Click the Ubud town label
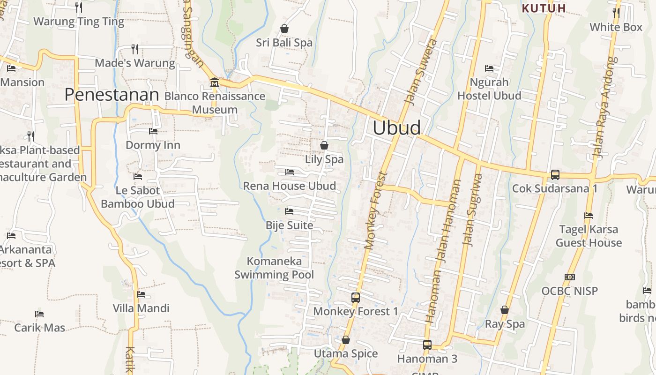[x=396, y=128]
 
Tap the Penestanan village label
[x=112, y=95]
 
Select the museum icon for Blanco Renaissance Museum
[x=215, y=82]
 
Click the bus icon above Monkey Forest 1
[x=356, y=297]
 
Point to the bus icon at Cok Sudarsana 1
[x=555, y=175]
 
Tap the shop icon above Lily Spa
[x=324, y=145]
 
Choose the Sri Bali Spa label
[x=284, y=43]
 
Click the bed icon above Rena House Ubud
[x=290, y=172]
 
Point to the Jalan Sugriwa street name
[x=472, y=210]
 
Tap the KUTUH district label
[x=544, y=8]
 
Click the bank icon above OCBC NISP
[x=570, y=277]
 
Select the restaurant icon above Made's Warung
[x=135, y=49]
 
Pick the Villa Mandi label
[x=141, y=308]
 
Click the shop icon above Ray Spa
[x=505, y=310]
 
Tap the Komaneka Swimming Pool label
[x=274, y=268]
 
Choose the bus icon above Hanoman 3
[x=427, y=345]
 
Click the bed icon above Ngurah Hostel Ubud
[x=489, y=68]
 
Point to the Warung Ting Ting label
[x=79, y=22]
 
